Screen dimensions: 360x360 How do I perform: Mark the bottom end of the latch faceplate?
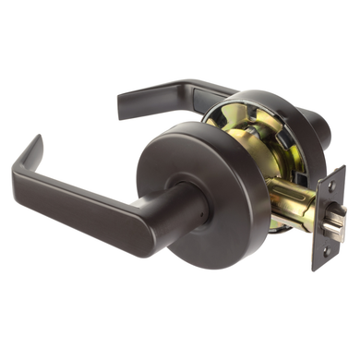318,264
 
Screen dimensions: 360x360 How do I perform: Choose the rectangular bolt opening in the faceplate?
328,220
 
